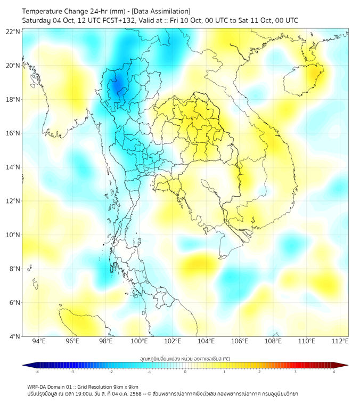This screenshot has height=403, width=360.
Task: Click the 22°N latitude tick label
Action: click(13, 31)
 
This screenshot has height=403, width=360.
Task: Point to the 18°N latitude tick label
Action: click(13, 99)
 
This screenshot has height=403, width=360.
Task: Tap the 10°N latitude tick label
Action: click(13, 235)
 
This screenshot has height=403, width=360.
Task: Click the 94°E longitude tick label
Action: click(39, 341)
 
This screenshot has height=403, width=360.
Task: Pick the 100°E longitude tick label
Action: click(140, 341)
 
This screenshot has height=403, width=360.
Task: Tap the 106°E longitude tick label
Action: click(240, 341)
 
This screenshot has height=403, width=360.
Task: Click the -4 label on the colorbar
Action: click(37, 372)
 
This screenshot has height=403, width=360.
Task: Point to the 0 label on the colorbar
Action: click(185, 372)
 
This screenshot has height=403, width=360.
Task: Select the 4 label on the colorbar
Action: click(334, 372)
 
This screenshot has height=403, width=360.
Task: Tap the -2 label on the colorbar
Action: click(111, 372)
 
